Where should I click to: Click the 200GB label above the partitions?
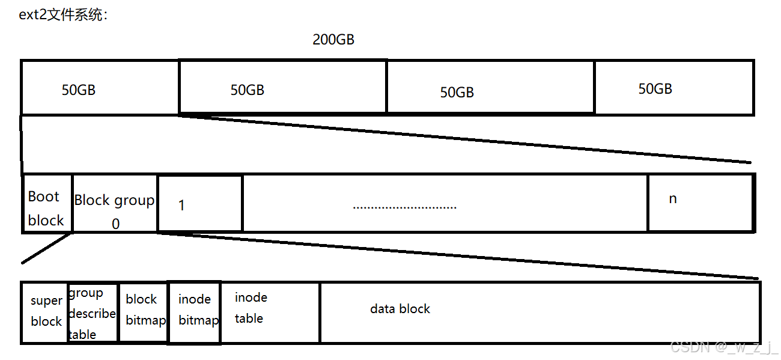pyautogui.click(x=333, y=40)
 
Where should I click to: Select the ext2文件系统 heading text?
pyautogui.click(x=63, y=15)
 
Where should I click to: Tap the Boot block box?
pyautogui.click(x=47, y=203)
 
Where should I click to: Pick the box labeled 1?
pyautogui.click(x=199, y=203)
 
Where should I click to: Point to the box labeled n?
pyautogui.click(x=700, y=203)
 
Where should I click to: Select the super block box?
pyautogui.click(x=44, y=312)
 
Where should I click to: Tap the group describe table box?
pyautogui.click(x=93, y=313)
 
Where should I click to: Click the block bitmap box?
pyautogui.click(x=143, y=312)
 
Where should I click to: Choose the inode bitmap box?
pyautogui.click(x=195, y=312)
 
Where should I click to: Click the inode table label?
pyautogui.click(x=251, y=308)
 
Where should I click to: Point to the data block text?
pyautogui.click(x=400, y=309)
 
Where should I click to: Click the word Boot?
pyautogui.click(x=44, y=197)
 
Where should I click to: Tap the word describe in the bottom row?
pyautogui.click(x=93, y=314)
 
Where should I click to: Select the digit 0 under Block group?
pyautogui.click(x=115, y=224)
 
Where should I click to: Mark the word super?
pyautogui.click(x=47, y=301)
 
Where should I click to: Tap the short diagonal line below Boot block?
pyautogui.click(x=47, y=249)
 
